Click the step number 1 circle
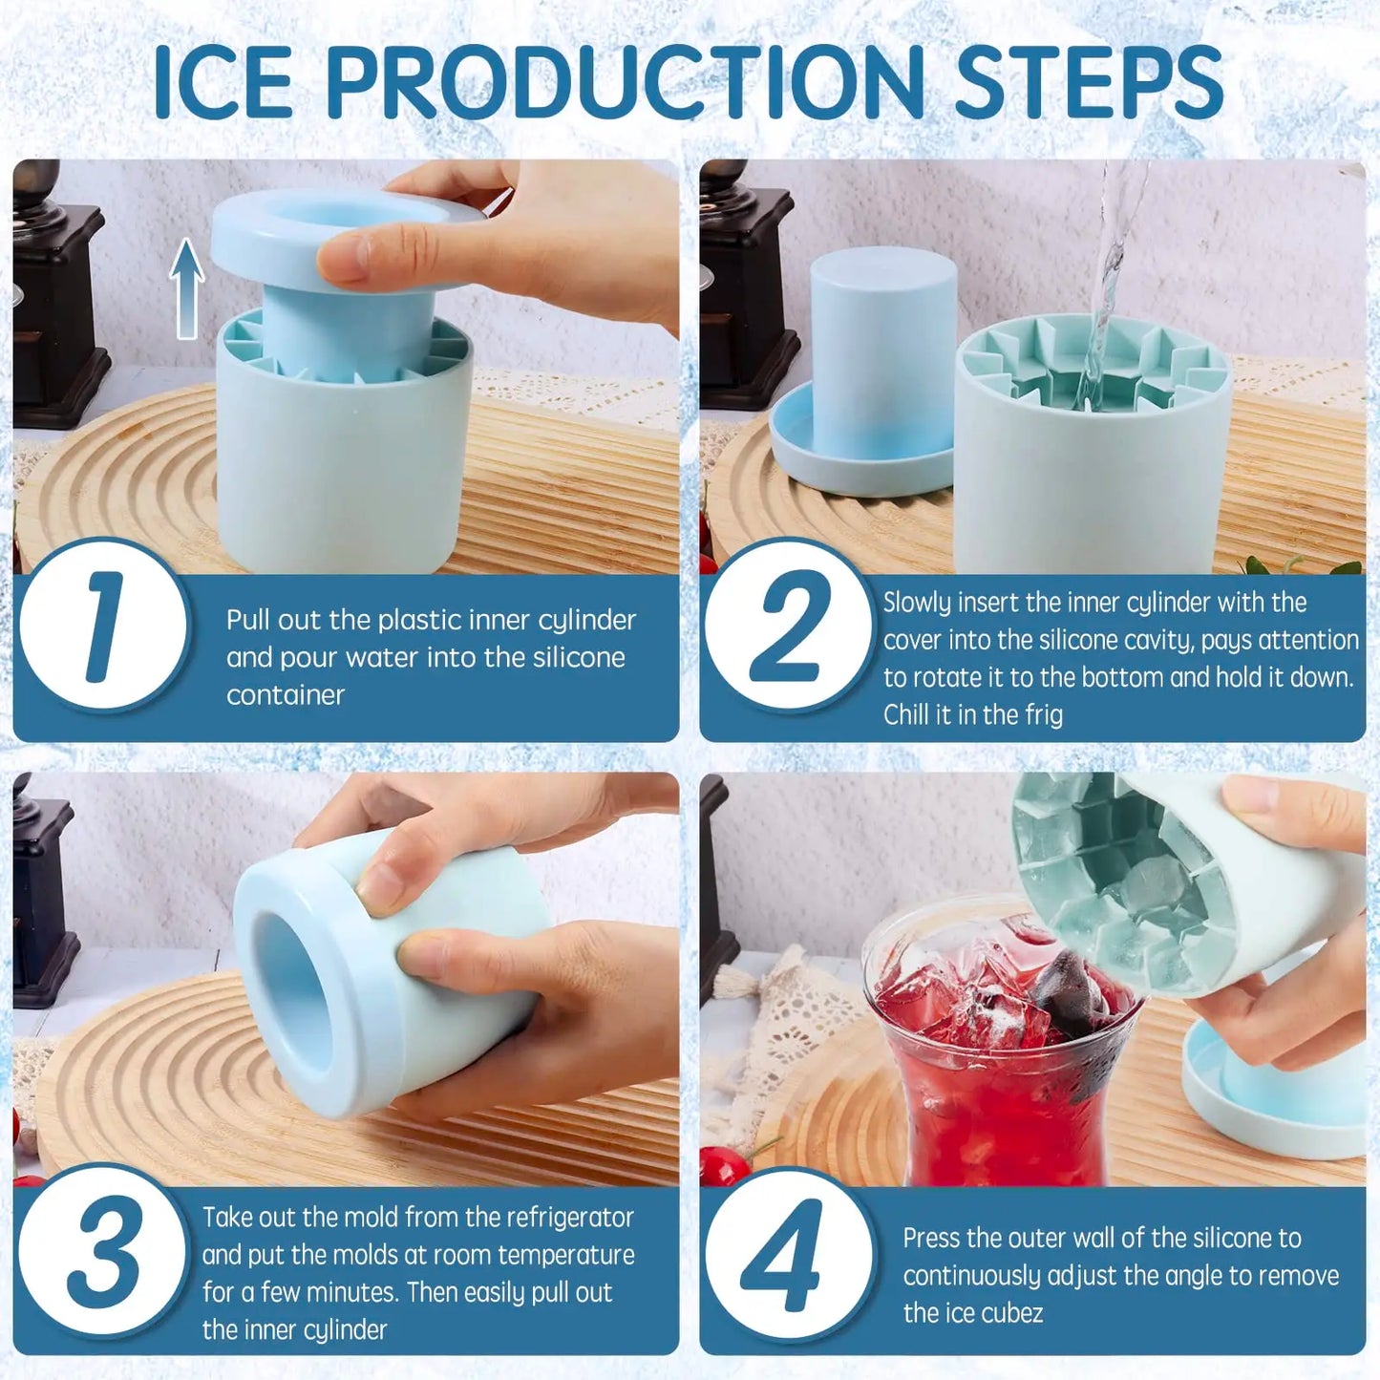tap(103, 626)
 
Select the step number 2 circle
tap(789, 626)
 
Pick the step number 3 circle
tap(103, 1251)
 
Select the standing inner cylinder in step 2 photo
tap(882, 344)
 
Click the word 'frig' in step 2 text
tap(1044, 715)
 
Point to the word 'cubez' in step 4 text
tap(1011, 1313)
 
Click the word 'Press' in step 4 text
tap(931, 1239)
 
